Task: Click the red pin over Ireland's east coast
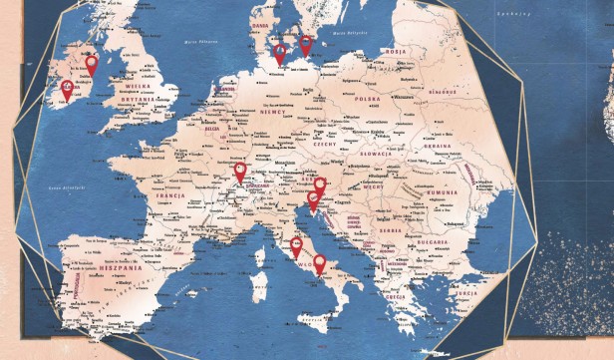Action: coord(92,66)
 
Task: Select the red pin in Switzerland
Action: coord(240,173)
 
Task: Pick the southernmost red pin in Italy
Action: coord(320,264)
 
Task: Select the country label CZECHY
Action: coord(325,145)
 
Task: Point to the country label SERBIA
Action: coord(388,230)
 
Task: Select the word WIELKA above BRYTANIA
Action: coord(136,87)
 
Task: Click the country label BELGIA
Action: coord(211,128)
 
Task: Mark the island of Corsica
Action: coord(260,237)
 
